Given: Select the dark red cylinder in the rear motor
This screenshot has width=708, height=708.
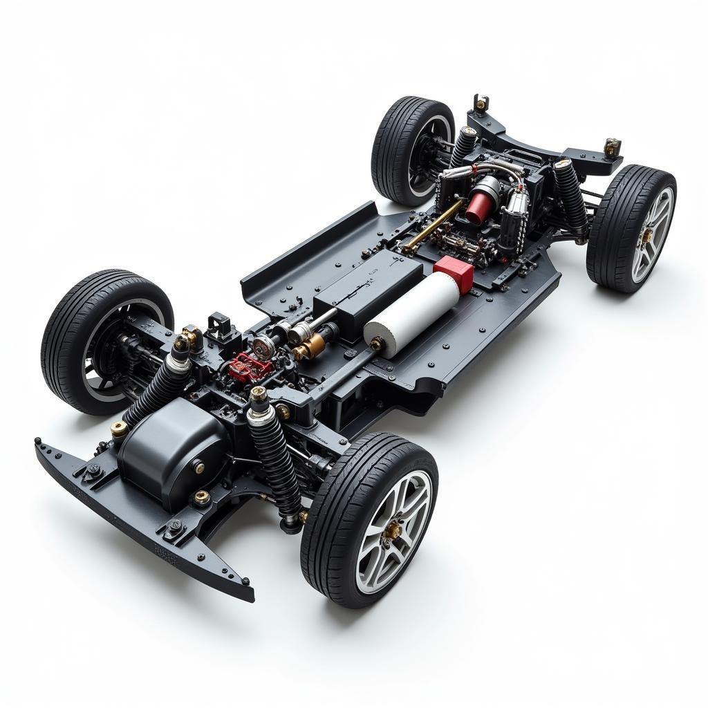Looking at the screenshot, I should pos(478,207).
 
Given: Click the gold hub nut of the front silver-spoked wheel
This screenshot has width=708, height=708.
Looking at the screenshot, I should pos(392,530).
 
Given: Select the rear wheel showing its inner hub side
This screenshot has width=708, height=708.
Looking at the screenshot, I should pos(413,151).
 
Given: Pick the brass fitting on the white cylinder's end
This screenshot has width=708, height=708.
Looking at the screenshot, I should pos(378,344).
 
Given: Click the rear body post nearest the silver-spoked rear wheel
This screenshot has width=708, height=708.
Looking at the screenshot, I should pos(612,147).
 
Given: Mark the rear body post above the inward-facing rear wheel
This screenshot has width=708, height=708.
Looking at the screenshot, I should pos(481,104).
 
